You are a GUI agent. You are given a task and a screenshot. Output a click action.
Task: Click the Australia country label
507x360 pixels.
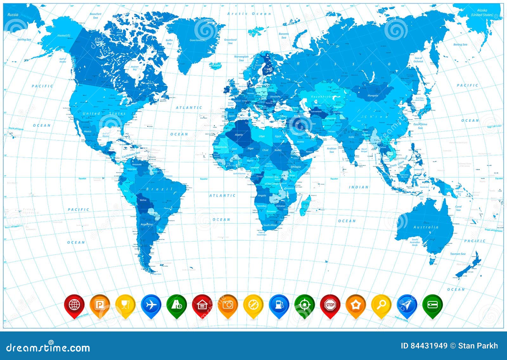426,227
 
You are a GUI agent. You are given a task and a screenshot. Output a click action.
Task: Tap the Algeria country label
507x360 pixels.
239,135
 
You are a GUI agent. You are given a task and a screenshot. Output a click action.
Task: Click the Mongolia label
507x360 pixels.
373,95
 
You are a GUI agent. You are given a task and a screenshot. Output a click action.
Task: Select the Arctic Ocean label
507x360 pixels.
249,14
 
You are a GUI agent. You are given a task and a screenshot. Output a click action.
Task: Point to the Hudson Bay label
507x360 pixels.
135,68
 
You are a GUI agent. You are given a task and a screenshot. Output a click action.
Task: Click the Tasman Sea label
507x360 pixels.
458,254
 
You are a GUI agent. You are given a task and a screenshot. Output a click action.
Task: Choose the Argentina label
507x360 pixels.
146,224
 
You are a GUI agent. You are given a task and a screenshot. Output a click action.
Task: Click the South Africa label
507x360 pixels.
270,225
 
